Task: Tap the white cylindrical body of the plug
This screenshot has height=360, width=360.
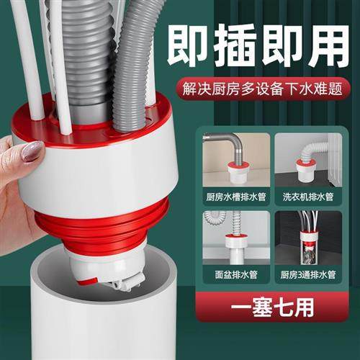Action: pos(108,166)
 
